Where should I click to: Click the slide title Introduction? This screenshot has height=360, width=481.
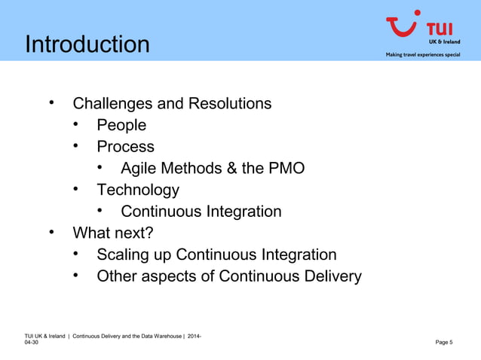pyautogui.click(x=87, y=44)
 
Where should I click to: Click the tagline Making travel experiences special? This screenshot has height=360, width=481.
pyautogui.click(x=422, y=55)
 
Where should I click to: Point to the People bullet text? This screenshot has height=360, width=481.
pyautogui.click(x=121, y=125)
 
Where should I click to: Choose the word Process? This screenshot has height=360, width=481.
pyautogui.click(x=125, y=146)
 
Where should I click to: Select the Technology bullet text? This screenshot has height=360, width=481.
pyautogui.click(x=137, y=190)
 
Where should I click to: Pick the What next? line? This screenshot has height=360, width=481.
pyautogui.click(x=112, y=233)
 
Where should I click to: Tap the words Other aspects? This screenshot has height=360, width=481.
pyautogui.click(x=146, y=276)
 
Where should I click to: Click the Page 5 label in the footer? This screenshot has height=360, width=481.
pyautogui.click(x=444, y=343)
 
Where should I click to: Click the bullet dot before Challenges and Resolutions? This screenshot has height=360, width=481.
pyautogui.click(x=52, y=102)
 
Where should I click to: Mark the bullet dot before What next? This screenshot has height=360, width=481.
pyautogui.click(x=52, y=232)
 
